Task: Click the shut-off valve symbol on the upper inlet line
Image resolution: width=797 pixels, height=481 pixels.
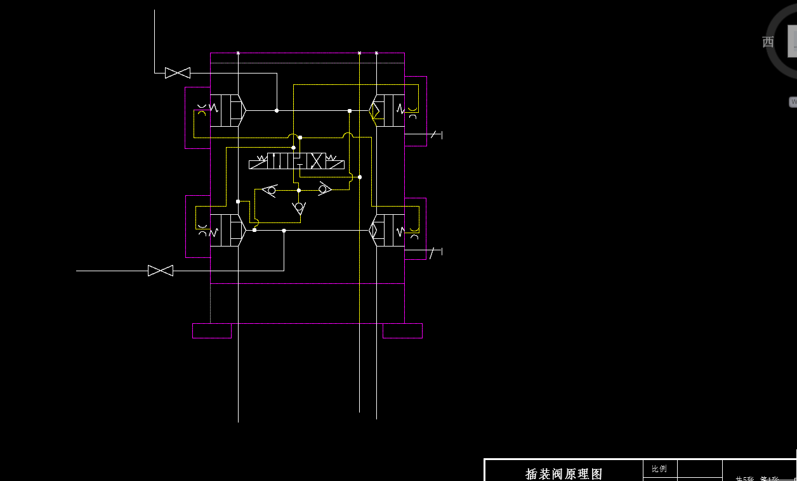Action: (178, 73)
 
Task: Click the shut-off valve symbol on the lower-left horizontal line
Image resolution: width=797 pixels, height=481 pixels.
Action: (161, 271)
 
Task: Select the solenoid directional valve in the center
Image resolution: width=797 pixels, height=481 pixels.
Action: (296, 161)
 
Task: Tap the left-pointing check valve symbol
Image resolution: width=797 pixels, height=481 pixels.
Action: (270, 190)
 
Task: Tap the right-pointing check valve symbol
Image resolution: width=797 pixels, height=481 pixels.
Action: (324, 189)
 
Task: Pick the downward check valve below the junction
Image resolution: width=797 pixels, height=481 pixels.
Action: (299, 208)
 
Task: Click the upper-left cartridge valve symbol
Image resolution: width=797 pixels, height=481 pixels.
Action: (227, 110)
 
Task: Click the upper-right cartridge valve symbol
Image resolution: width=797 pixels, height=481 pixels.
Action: (387, 110)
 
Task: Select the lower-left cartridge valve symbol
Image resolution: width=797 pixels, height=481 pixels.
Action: (227, 230)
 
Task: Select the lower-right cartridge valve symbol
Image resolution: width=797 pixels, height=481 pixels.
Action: (387, 230)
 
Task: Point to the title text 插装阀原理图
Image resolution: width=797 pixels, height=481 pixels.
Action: (563, 473)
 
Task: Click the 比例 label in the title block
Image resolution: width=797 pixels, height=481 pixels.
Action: (659, 469)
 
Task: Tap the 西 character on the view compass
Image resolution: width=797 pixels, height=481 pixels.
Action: (768, 42)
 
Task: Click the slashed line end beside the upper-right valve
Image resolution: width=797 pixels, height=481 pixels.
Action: (435, 135)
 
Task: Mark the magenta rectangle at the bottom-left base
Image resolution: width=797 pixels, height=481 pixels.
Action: (212, 330)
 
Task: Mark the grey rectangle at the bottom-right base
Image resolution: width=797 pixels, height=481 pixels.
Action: (402, 331)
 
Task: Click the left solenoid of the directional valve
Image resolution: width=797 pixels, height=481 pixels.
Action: (258, 164)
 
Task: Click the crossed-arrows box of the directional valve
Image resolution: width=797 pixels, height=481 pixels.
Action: (317, 161)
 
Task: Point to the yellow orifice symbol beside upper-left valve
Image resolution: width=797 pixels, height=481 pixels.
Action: (202, 113)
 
